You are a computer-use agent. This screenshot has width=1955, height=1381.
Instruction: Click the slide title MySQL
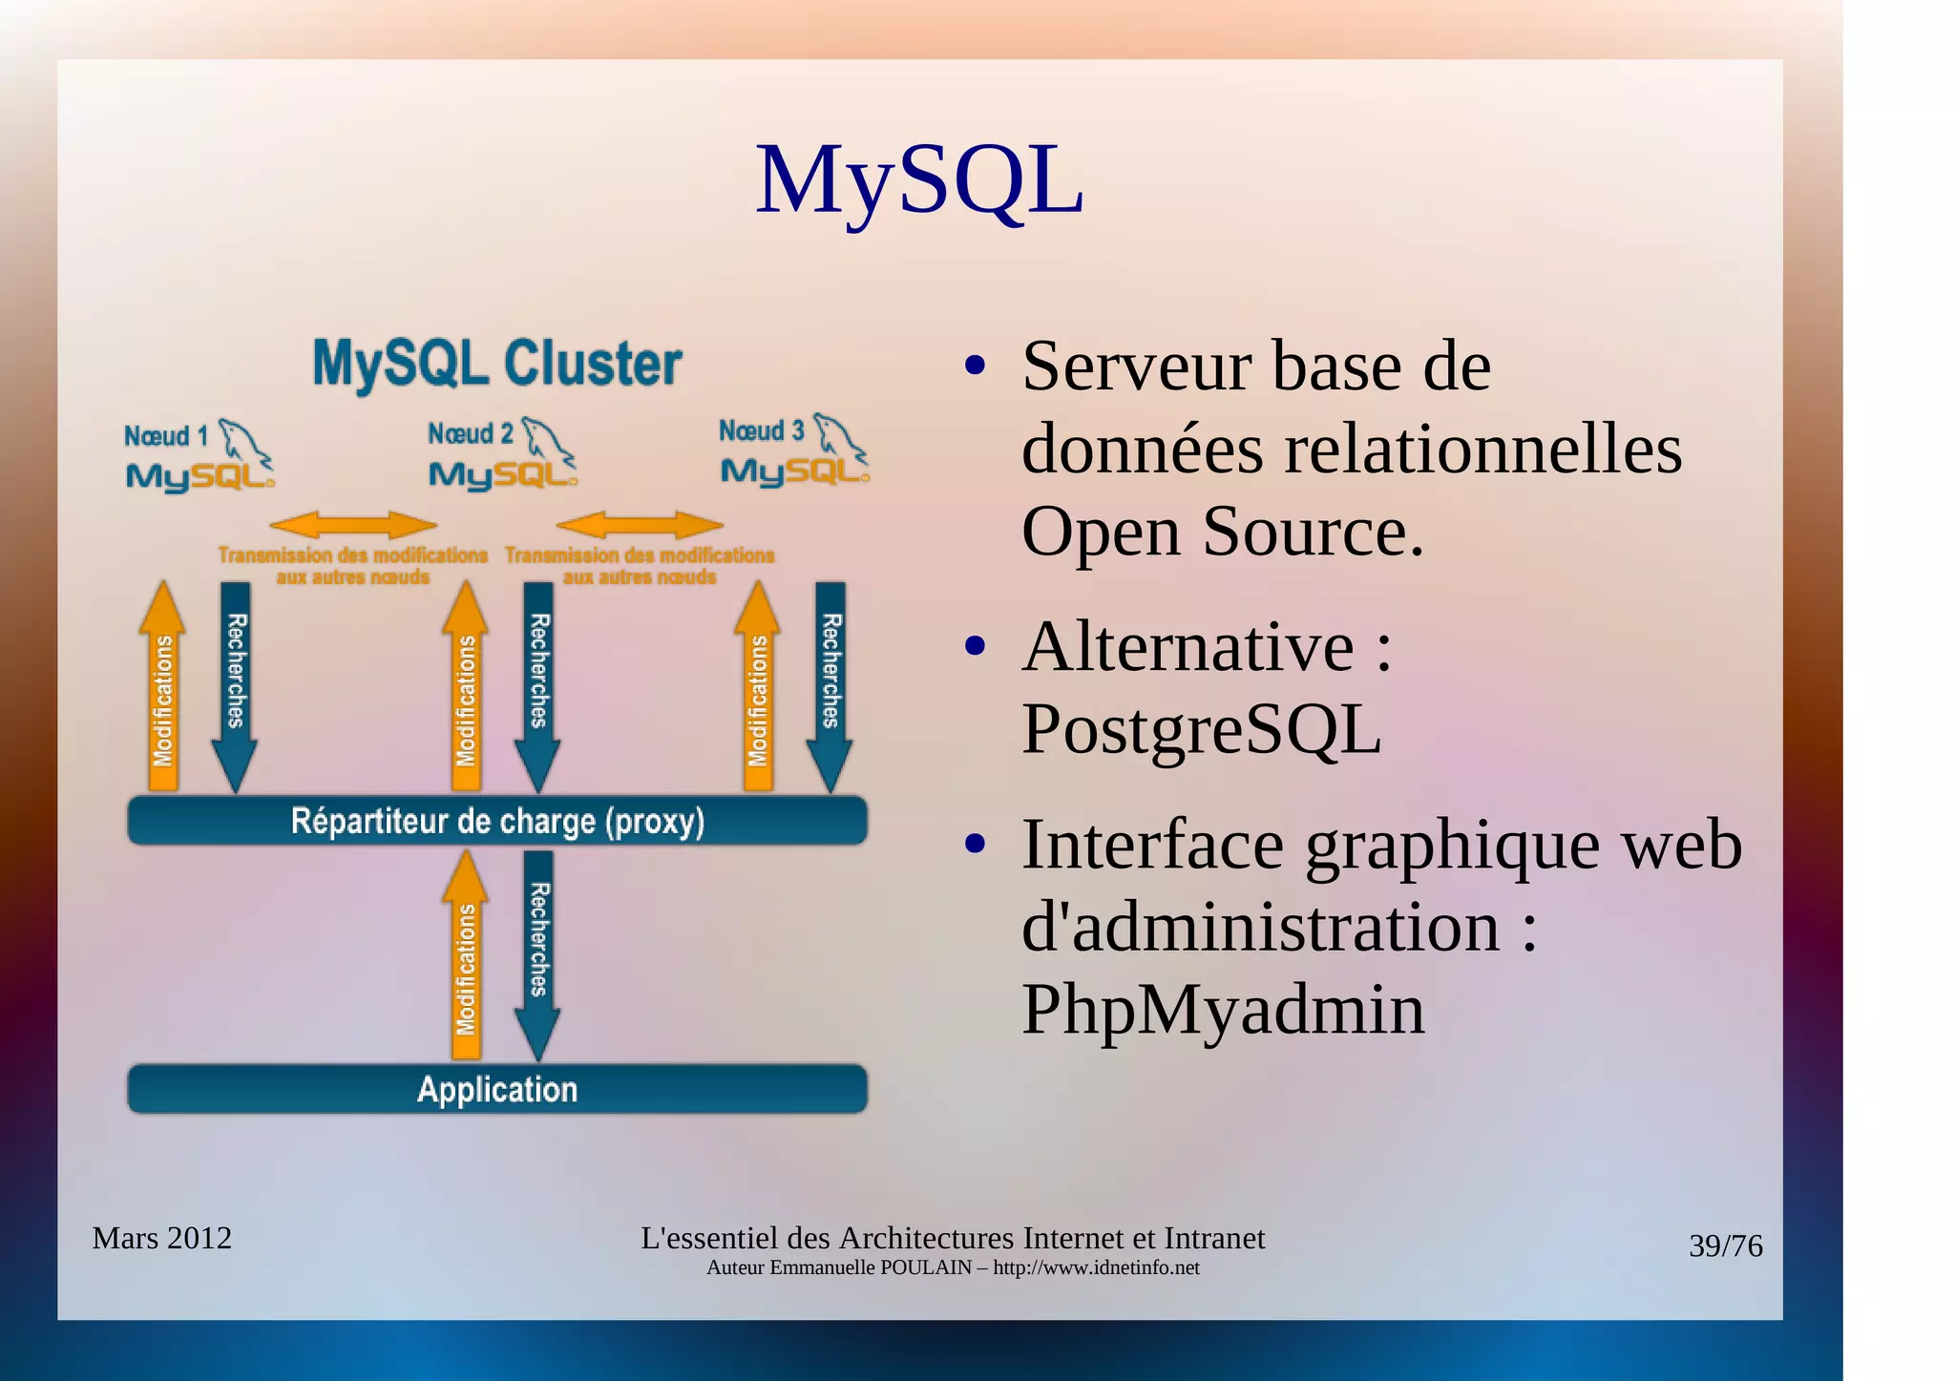coord(918,181)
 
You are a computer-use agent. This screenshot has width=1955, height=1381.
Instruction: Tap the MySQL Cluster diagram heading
coord(497,364)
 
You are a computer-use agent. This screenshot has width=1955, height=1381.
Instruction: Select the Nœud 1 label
coord(166,436)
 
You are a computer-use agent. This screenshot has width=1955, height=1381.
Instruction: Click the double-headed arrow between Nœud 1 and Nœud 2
coord(353,525)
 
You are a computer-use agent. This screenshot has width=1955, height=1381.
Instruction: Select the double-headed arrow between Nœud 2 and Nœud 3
coord(640,525)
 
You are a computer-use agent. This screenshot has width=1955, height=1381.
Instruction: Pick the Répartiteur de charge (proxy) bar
coord(497,821)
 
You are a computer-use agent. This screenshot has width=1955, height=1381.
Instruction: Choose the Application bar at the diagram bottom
coord(497,1089)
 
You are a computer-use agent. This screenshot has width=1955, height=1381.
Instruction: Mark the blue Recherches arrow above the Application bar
coord(537,953)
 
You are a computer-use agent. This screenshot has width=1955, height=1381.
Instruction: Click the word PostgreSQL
coord(1201,729)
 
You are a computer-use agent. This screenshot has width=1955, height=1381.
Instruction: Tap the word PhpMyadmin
coord(1223,1009)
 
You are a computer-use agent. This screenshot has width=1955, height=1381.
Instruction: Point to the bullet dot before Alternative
coord(975,647)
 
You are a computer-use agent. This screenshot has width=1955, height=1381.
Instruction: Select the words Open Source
coord(1222,532)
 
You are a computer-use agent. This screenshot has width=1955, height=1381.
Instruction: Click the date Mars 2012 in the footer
coord(162,1238)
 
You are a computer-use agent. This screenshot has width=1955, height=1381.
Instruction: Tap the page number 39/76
coord(1725,1245)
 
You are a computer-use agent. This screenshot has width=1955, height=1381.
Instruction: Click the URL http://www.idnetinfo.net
coord(1096,1267)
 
